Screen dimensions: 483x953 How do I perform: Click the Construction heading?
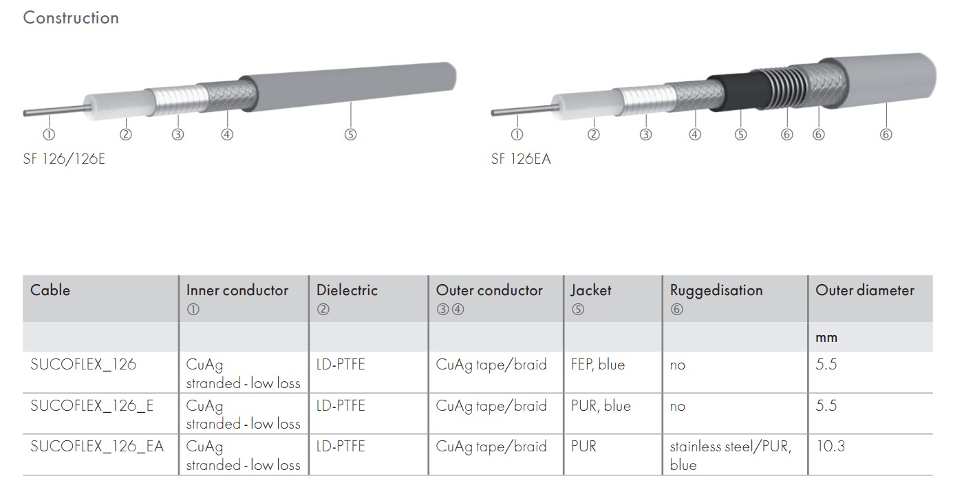point(71,18)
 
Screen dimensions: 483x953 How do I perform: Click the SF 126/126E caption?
point(64,160)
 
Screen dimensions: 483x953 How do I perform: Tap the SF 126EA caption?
point(521,160)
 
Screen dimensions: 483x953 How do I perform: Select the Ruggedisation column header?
point(716,290)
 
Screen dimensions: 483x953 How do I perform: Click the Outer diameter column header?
point(865,290)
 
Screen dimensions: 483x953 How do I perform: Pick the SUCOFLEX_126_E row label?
point(92,406)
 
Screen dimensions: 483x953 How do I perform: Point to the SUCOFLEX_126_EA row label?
point(97,447)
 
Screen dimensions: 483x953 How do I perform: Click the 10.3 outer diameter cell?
point(831,447)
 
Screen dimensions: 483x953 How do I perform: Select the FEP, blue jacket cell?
point(598,365)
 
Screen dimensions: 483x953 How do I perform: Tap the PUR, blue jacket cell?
point(601,406)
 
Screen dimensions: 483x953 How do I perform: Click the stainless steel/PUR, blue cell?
point(730,455)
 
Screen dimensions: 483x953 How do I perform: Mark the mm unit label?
point(826,337)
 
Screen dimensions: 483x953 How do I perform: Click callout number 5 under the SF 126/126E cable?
point(350,135)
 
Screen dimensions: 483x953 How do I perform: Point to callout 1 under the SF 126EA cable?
point(517,135)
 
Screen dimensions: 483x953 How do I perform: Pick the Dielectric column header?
point(347,290)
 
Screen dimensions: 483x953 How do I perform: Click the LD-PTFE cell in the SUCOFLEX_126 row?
point(341,365)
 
